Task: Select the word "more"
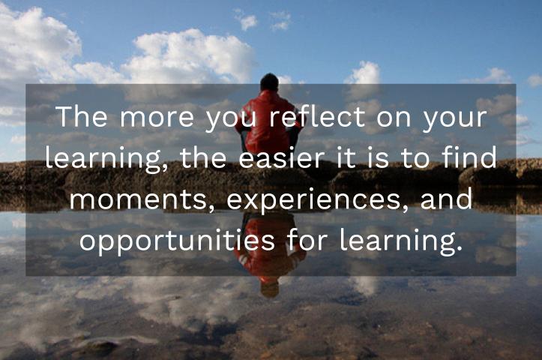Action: click(143, 118)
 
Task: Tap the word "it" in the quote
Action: click(348, 159)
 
